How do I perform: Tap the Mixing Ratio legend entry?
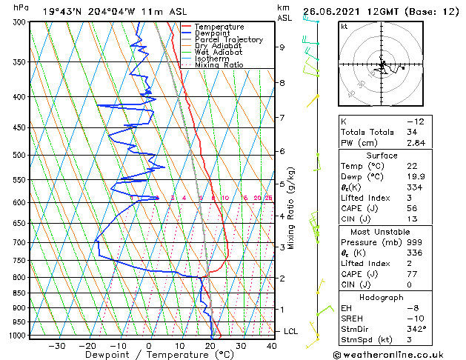coord(219,64)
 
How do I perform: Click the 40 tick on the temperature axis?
coord(272,345)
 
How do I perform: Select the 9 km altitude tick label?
coord(282,47)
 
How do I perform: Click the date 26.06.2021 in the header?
coord(331,11)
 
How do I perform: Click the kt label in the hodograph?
coord(344,27)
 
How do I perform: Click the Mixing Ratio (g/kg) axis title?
coord(291,208)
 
